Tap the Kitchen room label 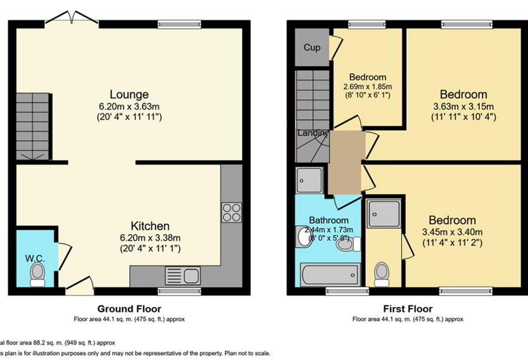tap(150, 226)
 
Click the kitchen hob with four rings tap(231, 212)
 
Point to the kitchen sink tap(182, 276)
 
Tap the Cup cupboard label tap(311, 47)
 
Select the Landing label tap(313, 133)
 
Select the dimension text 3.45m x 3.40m tap(452, 232)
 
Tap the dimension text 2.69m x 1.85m tap(368, 87)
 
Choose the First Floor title tap(407, 309)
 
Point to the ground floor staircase tap(33, 127)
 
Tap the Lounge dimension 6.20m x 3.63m tap(129, 107)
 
